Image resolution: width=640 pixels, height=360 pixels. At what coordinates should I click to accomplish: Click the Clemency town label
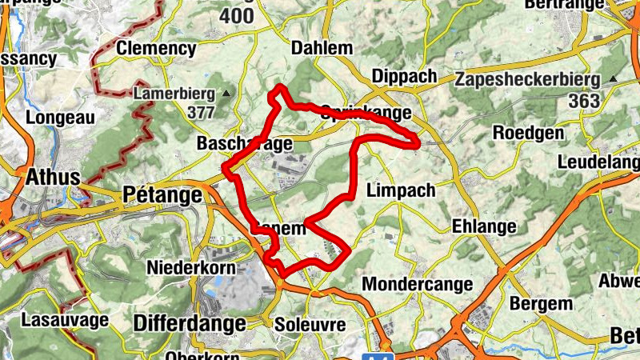(156, 49)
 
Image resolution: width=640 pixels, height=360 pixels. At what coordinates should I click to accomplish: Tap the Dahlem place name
(322, 48)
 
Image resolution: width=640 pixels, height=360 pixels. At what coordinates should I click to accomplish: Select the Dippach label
(405, 76)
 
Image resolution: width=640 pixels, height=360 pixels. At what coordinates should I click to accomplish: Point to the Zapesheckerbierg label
(527, 80)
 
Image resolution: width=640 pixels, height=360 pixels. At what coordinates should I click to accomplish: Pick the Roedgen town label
(529, 133)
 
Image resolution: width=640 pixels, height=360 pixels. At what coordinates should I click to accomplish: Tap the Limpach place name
(400, 190)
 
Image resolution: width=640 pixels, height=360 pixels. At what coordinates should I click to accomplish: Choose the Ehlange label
(484, 226)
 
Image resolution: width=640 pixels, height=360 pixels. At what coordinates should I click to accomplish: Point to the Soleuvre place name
(309, 325)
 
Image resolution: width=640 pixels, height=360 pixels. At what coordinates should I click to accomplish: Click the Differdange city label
(190, 324)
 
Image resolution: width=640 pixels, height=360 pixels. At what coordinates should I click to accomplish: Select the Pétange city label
(162, 195)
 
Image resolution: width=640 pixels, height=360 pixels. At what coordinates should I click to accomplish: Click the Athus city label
(53, 177)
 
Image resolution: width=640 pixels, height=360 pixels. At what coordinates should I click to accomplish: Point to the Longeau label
(61, 117)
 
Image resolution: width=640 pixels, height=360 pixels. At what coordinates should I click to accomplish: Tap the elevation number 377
(202, 112)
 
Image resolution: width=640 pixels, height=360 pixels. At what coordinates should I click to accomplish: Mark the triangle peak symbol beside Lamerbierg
(226, 94)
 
